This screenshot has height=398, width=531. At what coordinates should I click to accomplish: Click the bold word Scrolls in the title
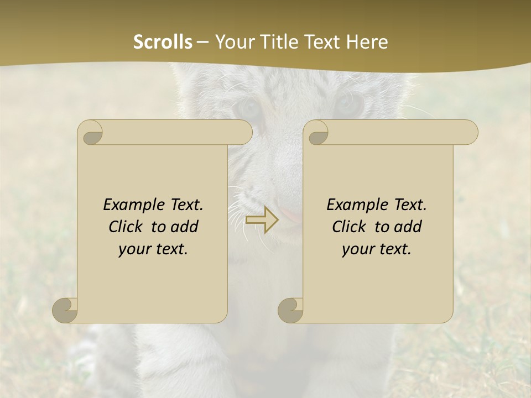pyautogui.click(x=163, y=42)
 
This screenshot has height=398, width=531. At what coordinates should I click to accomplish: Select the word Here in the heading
pyautogui.click(x=367, y=42)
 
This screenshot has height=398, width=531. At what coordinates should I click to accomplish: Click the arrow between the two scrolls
pyautogui.click(x=262, y=219)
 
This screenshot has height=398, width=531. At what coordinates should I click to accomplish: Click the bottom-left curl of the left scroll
pyautogui.click(x=65, y=310)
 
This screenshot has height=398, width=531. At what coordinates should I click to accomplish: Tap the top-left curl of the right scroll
pyautogui.click(x=317, y=133)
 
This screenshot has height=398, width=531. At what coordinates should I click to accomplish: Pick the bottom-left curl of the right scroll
pyautogui.click(x=290, y=310)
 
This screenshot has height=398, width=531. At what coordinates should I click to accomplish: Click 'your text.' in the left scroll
pyautogui.click(x=153, y=249)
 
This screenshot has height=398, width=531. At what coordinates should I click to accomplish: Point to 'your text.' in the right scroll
pyautogui.click(x=377, y=249)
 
